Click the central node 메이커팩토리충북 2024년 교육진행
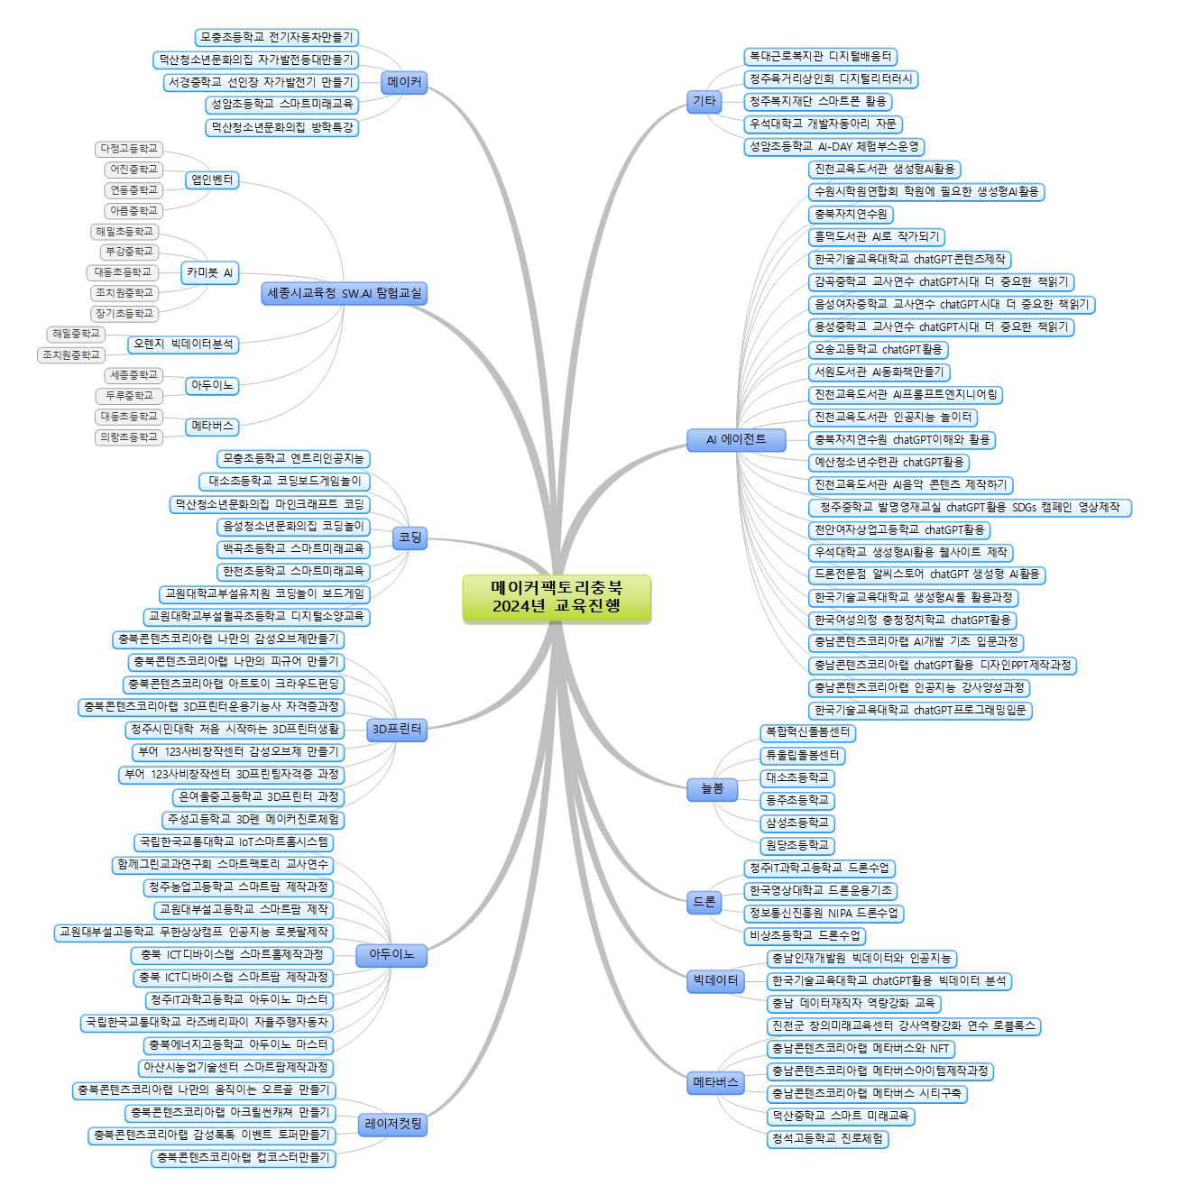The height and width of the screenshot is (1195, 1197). pyautogui.click(x=556, y=597)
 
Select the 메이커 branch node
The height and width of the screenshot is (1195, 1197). pyautogui.click(x=404, y=82)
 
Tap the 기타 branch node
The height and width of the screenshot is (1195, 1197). pyautogui.click(x=704, y=101)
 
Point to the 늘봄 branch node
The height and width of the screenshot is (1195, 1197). pyautogui.click(x=713, y=788)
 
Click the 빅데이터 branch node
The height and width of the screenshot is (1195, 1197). pyautogui.click(x=715, y=980)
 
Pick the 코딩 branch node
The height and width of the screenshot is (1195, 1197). pyautogui.click(x=410, y=538)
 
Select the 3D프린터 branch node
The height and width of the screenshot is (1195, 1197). pyautogui.click(x=397, y=729)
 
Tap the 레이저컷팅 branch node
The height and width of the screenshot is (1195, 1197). pyautogui.click(x=393, y=1125)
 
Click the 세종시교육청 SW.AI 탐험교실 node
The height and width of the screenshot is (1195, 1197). pyautogui.click(x=344, y=293)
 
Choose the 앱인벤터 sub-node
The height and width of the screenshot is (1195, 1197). pyautogui.click(x=212, y=180)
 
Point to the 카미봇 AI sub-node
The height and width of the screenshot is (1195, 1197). pyautogui.click(x=209, y=272)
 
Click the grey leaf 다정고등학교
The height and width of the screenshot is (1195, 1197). pyautogui.click(x=129, y=148)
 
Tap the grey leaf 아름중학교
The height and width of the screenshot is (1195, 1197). pyautogui.click(x=134, y=210)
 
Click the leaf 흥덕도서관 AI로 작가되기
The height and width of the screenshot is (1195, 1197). pyautogui.click(x=876, y=236)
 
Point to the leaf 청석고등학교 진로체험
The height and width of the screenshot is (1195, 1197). pyautogui.click(x=827, y=1138)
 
